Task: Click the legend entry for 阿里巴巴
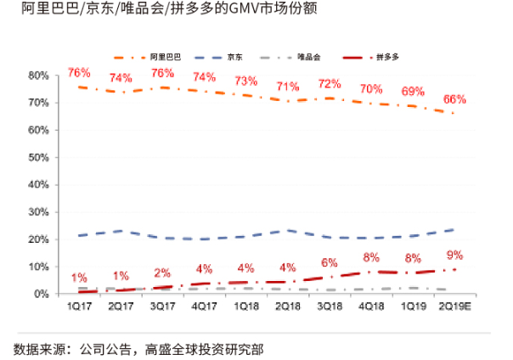click(166, 56)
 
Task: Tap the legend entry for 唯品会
click(309, 56)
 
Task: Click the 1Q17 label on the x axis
click(79, 307)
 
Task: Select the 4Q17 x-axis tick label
click(204, 307)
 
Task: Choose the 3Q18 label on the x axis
click(329, 307)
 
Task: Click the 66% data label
click(455, 99)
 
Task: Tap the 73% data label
click(245, 82)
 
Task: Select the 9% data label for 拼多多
click(455, 255)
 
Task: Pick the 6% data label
click(329, 262)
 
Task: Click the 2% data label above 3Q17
click(162, 273)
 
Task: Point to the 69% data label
click(413, 92)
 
